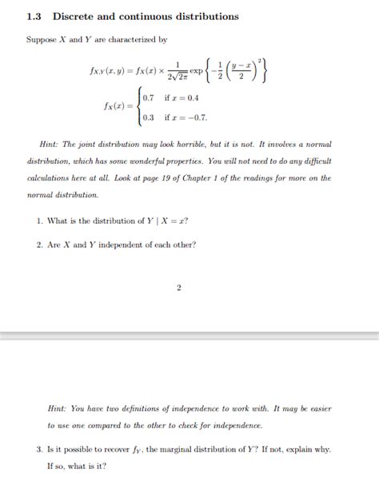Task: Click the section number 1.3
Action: (x=33, y=16)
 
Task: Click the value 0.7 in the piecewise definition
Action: (x=149, y=98)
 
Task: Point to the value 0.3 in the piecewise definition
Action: (x=149, y=117)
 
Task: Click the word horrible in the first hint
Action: (x=209, y=145)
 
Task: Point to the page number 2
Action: (x=179, y=288)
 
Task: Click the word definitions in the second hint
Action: (x=140, y=407)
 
